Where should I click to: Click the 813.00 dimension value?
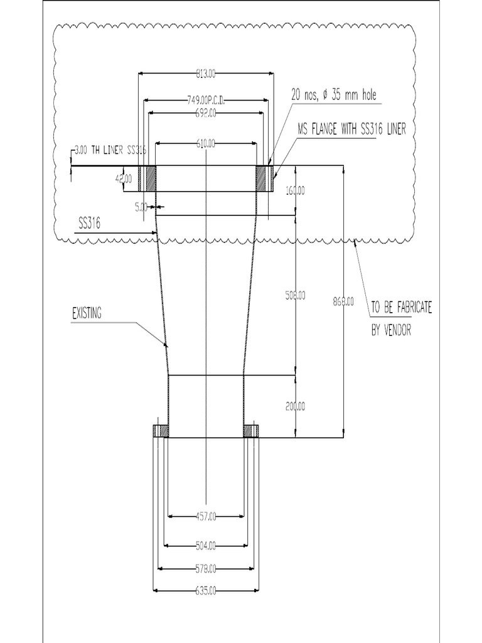pos(206,74)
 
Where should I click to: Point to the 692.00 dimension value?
pos(206,113)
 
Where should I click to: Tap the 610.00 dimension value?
pos(206,144)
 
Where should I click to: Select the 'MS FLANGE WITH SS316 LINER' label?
pos(351,129)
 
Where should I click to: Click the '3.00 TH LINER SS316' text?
pos(110,150)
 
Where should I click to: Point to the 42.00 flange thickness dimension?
pos(122,179)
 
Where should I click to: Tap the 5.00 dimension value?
pos(141,206)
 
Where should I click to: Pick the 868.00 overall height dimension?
pos(343,301)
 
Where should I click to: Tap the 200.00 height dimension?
pos(295,406)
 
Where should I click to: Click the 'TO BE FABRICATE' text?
pos(401,308)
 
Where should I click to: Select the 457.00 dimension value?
pos(206,516)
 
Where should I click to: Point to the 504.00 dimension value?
pos(206,544)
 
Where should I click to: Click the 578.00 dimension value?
pos(206,569)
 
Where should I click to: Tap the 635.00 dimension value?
pos(206,591)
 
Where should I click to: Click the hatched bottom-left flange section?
pos(161,431)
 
